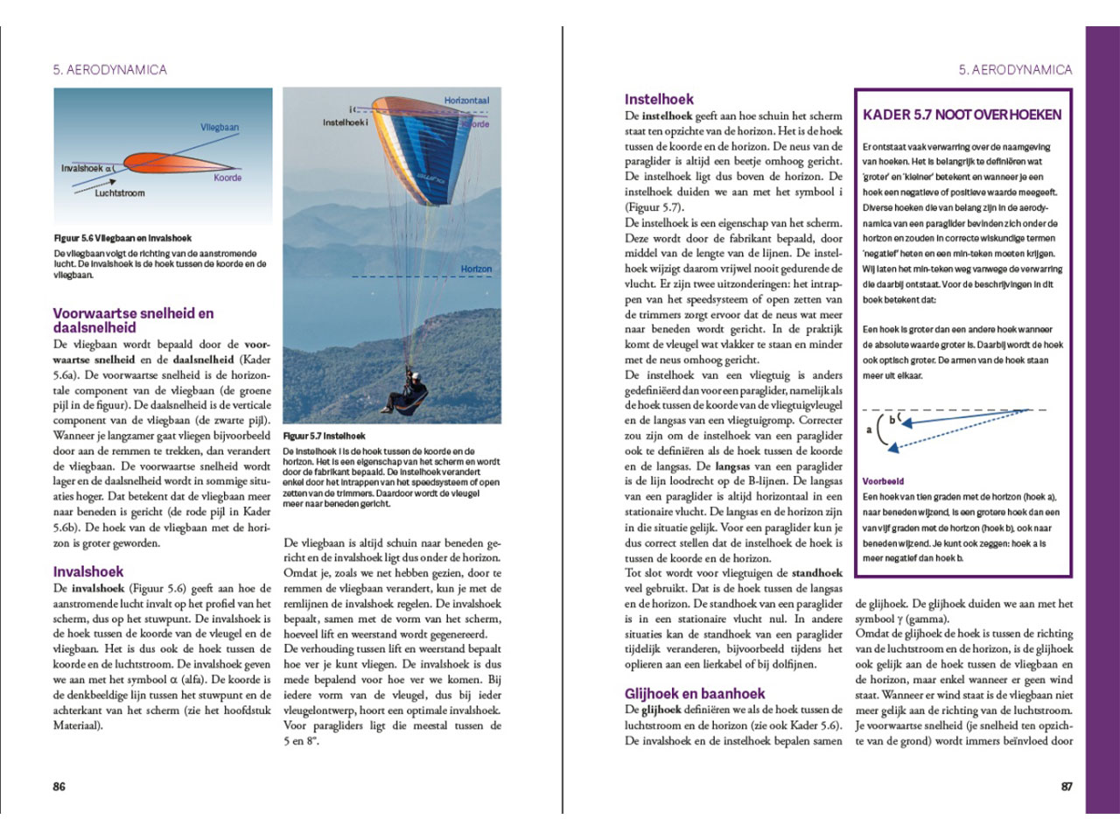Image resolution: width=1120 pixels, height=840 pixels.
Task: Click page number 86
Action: (x=59, y=787)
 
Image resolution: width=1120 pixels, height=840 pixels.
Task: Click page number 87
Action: (x=1067, y=787)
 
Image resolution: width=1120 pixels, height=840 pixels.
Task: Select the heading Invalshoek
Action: (x=87, y=571)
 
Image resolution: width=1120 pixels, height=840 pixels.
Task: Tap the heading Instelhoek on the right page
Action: (x=659, y=99)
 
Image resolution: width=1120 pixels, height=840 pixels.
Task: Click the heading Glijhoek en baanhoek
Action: (x=695, y=693)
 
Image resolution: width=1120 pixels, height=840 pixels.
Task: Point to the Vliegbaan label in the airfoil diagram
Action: (x=219, y=127)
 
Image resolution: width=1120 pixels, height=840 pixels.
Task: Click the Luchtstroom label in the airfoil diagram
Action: (x=120, y=192)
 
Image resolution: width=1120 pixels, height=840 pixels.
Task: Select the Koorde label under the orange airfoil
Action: (x=227, y=178)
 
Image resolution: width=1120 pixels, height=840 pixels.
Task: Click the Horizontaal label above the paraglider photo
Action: (x=466, y=101)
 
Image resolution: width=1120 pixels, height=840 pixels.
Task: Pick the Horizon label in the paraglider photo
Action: (x=476, y=269)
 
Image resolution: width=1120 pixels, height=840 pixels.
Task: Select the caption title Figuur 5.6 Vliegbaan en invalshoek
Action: (x=122, y=238)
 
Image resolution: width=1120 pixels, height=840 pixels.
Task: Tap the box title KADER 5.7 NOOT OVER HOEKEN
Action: (x=962, y=115)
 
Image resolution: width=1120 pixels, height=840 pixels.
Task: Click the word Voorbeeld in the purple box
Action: (x=883, y=481)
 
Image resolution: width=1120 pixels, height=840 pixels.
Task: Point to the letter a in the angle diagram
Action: (x=869, y=430)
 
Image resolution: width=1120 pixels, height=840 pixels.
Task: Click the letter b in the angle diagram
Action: (x=892, y=419)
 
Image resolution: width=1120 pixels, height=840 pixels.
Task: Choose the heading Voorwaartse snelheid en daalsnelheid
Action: (x=133, y=320)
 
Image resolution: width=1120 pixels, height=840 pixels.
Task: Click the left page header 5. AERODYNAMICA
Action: (x=109, y=70)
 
